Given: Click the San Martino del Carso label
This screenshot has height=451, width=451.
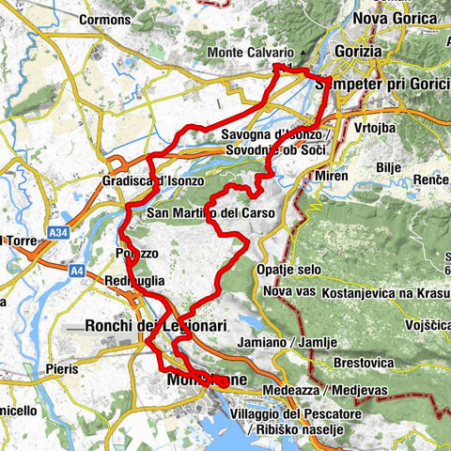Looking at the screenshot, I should pyautogui.click(x=211, y=213).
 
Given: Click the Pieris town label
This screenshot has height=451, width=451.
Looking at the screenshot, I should pyautogui.click(x=64, y=370).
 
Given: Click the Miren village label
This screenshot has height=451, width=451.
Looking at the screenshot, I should pyautogui.click(x=333, y=176).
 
